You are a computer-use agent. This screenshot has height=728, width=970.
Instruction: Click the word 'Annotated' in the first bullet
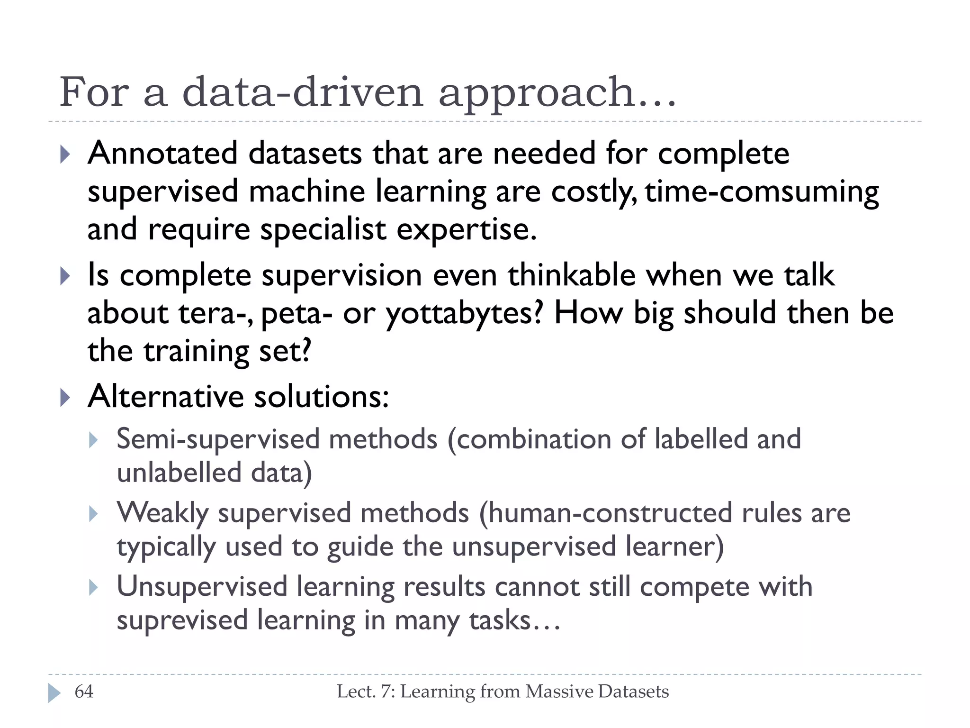(x=162, y=154)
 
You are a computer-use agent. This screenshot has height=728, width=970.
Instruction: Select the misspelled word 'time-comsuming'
(x=762, y=192)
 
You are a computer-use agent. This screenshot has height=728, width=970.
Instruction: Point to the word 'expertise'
(x=466, y=230)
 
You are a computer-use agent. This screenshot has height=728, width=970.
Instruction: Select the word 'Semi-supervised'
(x=218, y=440)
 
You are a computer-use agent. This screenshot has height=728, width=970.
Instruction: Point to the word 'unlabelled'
(x=180, y=473)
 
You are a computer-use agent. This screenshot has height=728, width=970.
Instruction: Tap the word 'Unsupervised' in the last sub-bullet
(x=202, y=587)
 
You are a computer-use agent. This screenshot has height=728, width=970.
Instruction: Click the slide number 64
(x=84, y=692)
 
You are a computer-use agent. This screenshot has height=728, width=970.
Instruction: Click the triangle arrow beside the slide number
(x=54, y=693)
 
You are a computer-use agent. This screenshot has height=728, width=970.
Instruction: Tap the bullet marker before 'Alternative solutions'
(x=65, y=397)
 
